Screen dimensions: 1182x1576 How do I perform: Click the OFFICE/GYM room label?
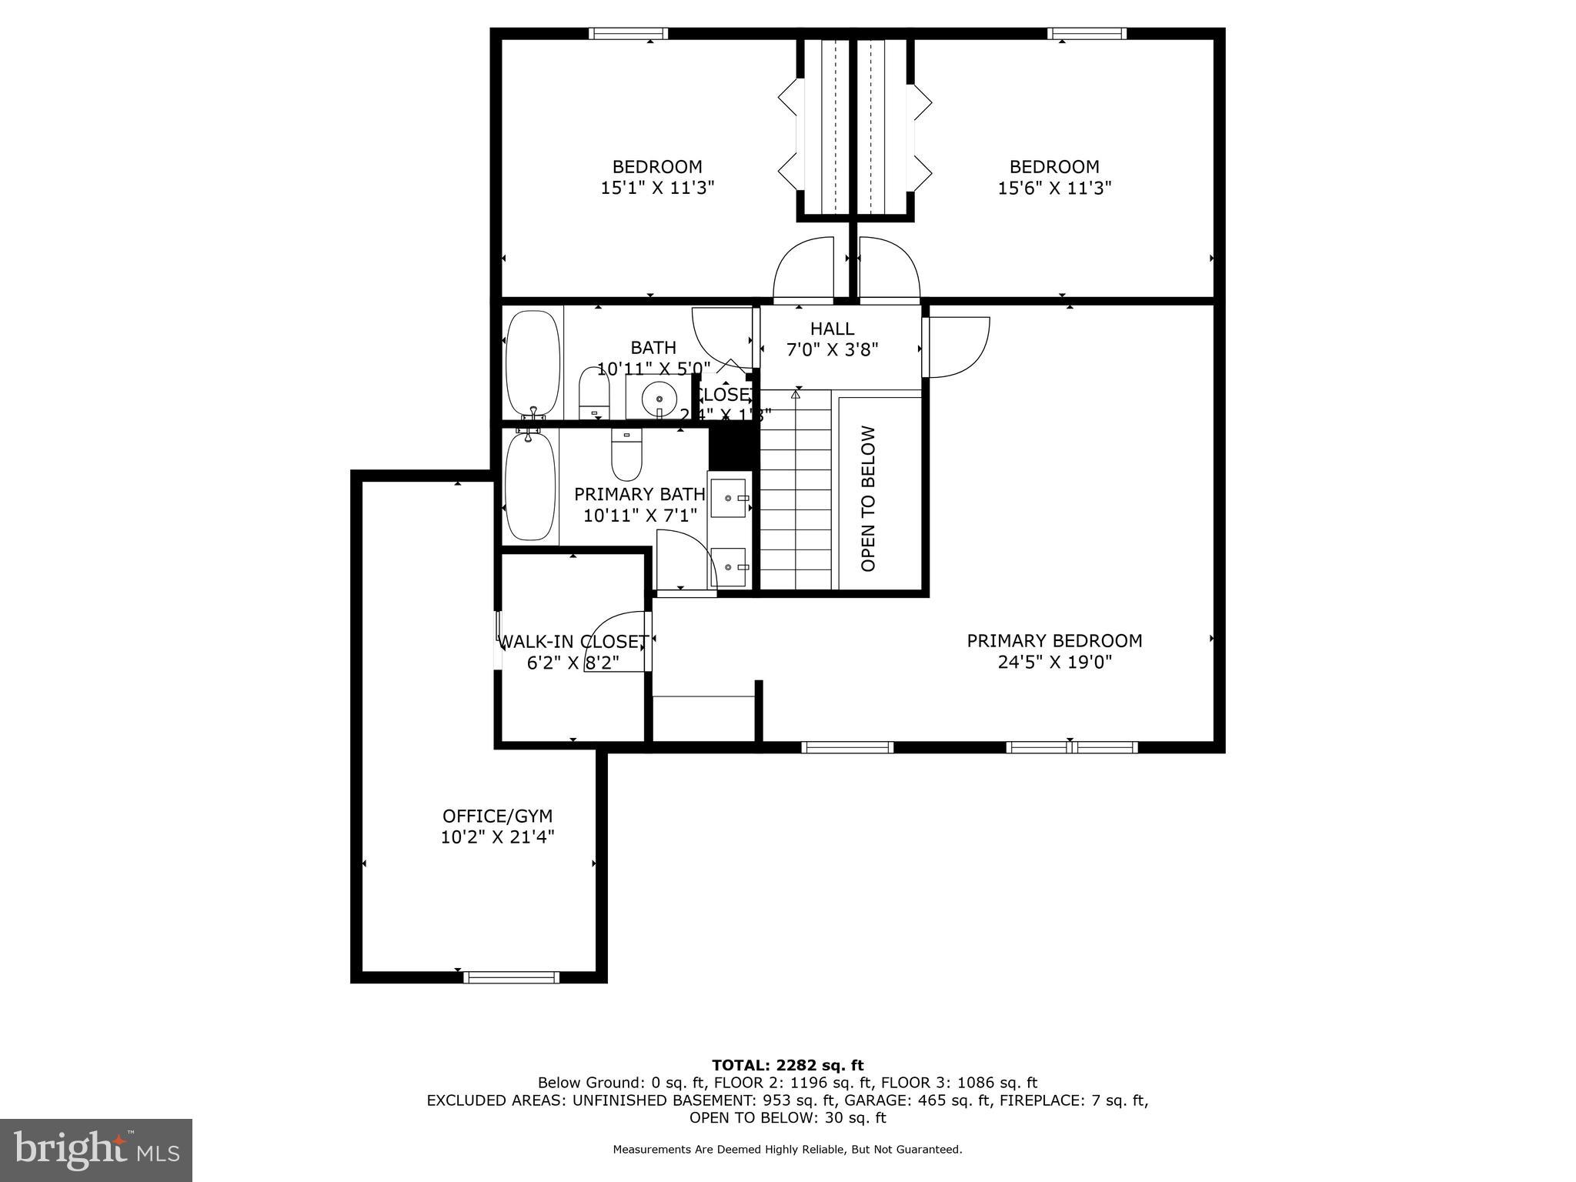pyautogui.click(x=497, y=816)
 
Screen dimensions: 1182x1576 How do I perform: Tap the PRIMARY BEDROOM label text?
pyautogui.click(x=1054, y=640)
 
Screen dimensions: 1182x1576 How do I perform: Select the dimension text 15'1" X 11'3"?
pyautogui.click(x=657, y=188)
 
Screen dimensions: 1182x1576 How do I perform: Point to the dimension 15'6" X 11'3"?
pyautogui.click(x=1054, y=188)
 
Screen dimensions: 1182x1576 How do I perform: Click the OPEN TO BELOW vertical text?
pyautogui.click(x=868, y=499)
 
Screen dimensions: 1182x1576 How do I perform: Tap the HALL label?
pyautogui.click(x=832, y=329)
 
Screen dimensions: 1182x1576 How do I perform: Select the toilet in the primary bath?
pyautogui.click(x=626, y=456)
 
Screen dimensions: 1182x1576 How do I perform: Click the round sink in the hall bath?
pyautogui.click(x=659, y=399)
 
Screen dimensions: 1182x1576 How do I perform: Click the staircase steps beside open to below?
pyautogui.click(x=796, y=492)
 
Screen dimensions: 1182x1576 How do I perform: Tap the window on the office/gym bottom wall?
pyautogui.click(x=511, y=977)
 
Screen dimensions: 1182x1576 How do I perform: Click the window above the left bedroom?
pyautogui.click(x=628, y=34)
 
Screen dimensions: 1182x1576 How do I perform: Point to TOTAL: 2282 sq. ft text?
pyautogui.click(x=787, y=1065)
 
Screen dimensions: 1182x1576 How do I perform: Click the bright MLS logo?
pyautogui.click(x=96, y=1150)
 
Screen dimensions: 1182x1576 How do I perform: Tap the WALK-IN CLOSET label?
pyautogui.click(x=573, y=641)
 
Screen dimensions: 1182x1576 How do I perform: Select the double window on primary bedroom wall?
pyautogui.click(x=1071, y=746)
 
